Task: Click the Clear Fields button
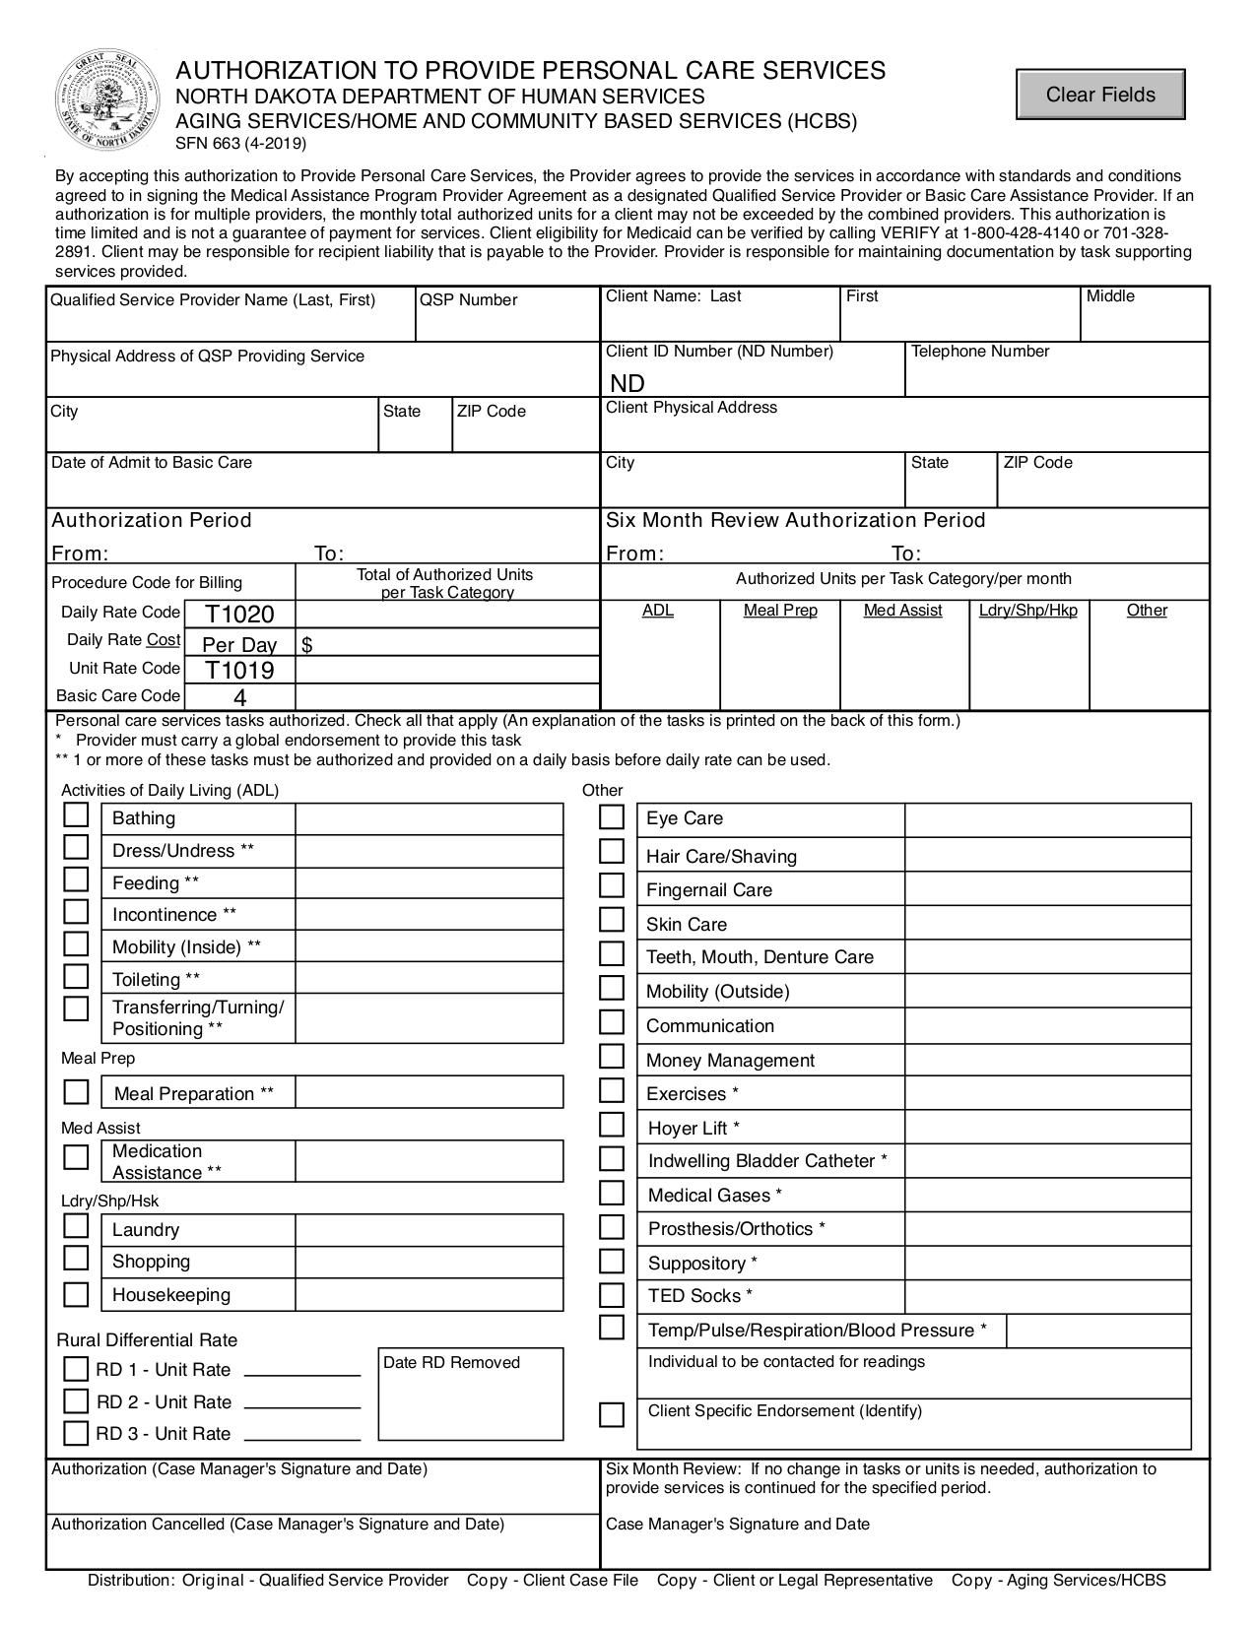pyautogui.click(x=1100, y=95)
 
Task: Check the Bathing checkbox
pyautogui.click(x=76, y=816)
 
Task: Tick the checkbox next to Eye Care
pyautogui.click(x=612, y=817)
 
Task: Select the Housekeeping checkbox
pyautogui.click(x=76, y=1294)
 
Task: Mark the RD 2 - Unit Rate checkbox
pyautogui.click(x=76, y=1400)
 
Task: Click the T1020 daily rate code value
pyautogui.click(x=239, y=615)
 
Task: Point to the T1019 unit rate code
pyautogui.click(x=239, y=671)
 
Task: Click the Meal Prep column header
pyautogui.click(x=780, y=611)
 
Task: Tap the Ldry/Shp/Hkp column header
pyautogui.click(x=1027, y=611)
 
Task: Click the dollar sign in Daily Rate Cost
pyautogui.click(x=307, y=645)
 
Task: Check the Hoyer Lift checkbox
pyautogui.click(x=612, y=1126)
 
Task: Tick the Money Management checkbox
pyautogui.click(x=612, y=1058)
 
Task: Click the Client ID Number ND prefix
pyautogui.click(x=628, y=383)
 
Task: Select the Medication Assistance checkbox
pyautogui.click(x=76, y=1157)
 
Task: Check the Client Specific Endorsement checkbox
pyautogui.click(x=612, y=1415)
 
